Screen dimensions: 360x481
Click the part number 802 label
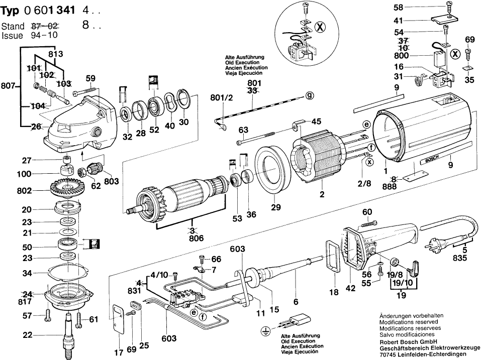click(x=24, y=191)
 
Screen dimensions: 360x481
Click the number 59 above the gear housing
click(x=90, y=78)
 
